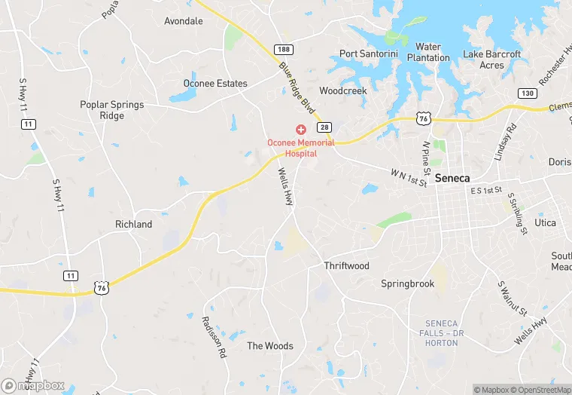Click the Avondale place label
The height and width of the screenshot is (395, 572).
pos(184,21)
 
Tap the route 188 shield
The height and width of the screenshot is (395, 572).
pos(284,50)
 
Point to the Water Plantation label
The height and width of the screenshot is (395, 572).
pos(428,52)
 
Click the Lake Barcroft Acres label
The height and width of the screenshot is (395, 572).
pos(491,60)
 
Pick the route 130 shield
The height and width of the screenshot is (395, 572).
pos(527,92)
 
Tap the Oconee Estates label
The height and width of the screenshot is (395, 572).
pos(215,83)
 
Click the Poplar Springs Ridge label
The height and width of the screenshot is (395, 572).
pos(112,110)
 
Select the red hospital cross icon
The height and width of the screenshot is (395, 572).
pos(300,130)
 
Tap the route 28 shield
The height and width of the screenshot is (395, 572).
pos(324,127)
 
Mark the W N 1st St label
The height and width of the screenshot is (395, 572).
pos(409,178)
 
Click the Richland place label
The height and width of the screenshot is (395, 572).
pos(133,224)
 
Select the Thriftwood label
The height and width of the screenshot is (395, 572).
pos(346,266)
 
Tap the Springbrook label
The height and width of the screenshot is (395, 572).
pos(407,284)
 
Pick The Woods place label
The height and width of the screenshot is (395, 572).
pos(270,346)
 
